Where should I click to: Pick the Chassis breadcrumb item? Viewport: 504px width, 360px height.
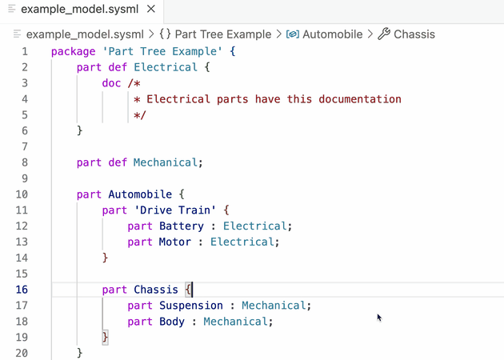414,34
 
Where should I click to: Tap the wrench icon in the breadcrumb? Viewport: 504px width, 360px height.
383,34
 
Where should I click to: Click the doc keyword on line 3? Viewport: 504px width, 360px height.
112,83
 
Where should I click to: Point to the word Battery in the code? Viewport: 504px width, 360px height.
181,226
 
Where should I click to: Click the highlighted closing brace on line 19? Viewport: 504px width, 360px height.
105,337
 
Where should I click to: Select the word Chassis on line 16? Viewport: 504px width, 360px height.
155,290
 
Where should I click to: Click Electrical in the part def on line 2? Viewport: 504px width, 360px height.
165,67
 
